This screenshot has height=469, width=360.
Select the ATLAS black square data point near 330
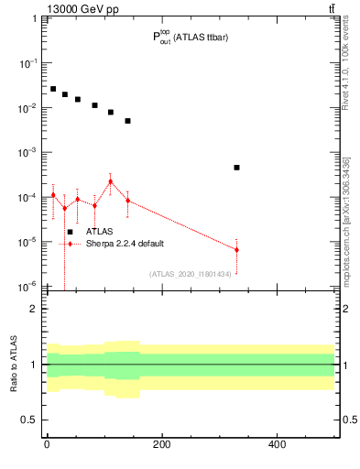(236, 168)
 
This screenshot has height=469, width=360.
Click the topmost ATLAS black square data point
(53, 89)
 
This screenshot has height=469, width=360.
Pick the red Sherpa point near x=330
(236, 249)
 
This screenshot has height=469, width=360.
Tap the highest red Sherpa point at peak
(111, 181)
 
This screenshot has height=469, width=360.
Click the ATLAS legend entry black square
(70, 232)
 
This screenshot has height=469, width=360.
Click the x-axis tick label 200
(161, 445)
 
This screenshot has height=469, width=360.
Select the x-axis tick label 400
(277, 445)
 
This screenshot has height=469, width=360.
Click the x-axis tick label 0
(47, 445)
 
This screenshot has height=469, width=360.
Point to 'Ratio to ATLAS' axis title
(14, 364)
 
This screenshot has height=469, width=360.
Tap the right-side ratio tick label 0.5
(349, 420)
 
